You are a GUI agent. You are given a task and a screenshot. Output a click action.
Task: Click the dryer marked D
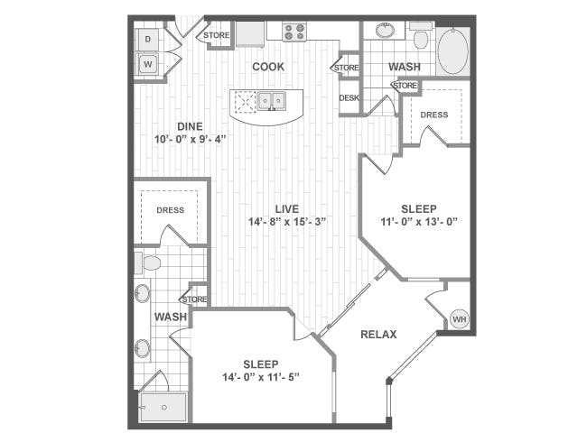tap(147, 40)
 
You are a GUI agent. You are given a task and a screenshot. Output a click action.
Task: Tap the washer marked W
tap(147, 64)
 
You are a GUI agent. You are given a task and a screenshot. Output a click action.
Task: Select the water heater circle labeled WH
tap(460, 319)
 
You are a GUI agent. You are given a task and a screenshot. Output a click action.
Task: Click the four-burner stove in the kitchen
tap(294, 32)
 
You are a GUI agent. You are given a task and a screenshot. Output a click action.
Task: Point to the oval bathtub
tap(452, 51)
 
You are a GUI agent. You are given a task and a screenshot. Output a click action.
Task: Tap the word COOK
tap(268, 67)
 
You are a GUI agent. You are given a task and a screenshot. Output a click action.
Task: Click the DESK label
tap(349, 98)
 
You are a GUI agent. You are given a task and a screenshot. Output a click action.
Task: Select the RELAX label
tap(378, 335)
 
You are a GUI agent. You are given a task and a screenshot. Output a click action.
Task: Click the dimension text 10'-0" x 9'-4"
tap(191, 140)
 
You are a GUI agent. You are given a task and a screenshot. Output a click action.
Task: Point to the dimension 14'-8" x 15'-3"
tap(287, 222)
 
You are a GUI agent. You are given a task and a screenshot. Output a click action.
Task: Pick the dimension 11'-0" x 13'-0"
tap(419, 222)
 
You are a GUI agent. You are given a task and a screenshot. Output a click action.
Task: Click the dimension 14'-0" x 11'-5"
tap(261, 377)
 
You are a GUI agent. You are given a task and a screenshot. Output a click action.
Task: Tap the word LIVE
tap(287, 208)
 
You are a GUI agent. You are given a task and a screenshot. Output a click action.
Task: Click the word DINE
tap(191, 126)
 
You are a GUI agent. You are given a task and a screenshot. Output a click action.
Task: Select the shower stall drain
tap(164, 407)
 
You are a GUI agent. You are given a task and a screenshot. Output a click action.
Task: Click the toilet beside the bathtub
tap(420, 36)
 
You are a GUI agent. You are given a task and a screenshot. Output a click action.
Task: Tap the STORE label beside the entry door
tap(217, 35)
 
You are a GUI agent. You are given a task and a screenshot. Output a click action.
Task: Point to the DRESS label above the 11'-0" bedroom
tap(434, 115)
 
